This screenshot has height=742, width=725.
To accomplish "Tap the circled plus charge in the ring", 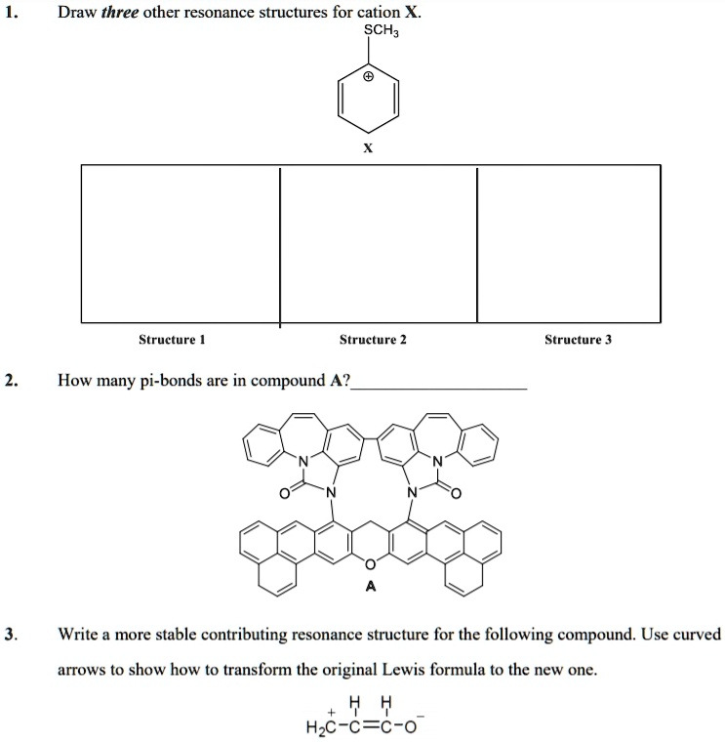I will click(x=368, y=75).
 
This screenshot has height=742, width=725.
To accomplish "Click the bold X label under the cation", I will click(x=367, y=149).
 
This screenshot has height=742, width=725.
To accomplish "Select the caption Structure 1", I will click(x=172, y=340).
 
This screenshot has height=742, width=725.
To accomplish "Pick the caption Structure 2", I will click(x=372, y=340).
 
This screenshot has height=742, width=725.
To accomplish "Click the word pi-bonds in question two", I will click(x=171, y=380).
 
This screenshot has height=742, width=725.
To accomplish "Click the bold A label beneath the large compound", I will click(x=369, y=587).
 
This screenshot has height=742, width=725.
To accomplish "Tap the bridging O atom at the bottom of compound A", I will click(x=370, y=563).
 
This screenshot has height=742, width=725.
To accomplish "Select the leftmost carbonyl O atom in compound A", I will click(x=284, y=495).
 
